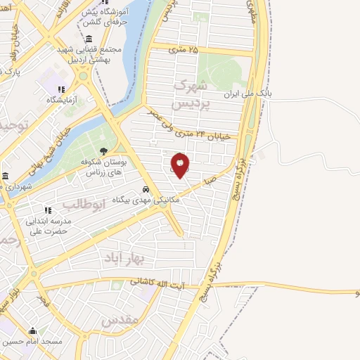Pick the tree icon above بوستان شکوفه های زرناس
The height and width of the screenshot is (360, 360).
coord(104,151)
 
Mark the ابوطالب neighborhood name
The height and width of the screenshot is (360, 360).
coord(84,204)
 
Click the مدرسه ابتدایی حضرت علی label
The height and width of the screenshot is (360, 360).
coord(48,225)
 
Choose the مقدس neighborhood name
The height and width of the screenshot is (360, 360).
coord(117,321)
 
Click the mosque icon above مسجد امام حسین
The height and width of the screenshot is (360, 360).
coord(32,330)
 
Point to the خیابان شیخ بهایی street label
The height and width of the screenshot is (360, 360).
coord(49,149)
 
